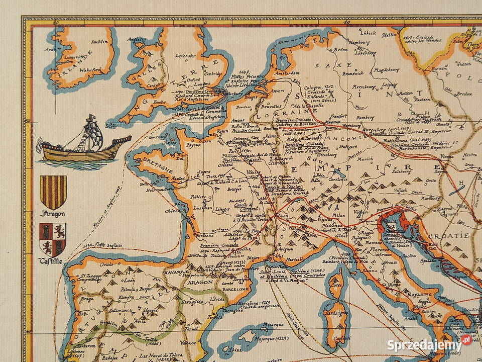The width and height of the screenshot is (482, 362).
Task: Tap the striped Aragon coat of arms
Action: (x=53, y=192)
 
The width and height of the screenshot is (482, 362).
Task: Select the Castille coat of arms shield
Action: (x=53, y=239)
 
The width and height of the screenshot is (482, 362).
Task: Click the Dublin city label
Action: (x=100, y=43)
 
